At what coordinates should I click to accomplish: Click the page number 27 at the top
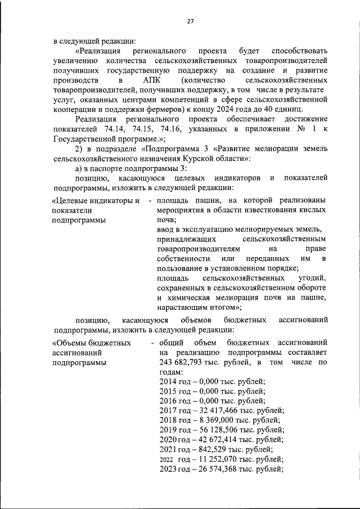click(x=190, y=21)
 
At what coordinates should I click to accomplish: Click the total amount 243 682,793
click(x=183, y=362)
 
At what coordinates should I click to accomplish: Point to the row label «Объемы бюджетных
click(x=92, y=343)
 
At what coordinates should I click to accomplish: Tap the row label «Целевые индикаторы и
click(x=95, y=201)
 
